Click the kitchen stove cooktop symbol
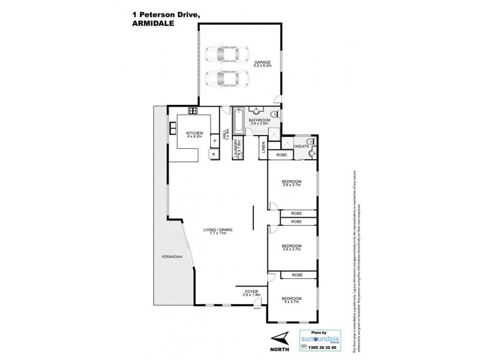click(193, 110)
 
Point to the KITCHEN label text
click(194, 133)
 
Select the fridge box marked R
click(214, 155)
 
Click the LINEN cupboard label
click(263, 148)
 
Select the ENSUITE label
click(301, 146)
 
